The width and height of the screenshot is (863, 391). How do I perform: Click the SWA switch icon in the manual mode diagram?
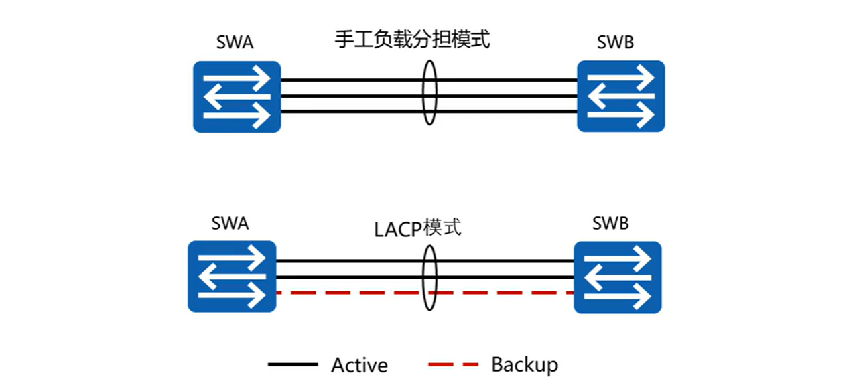pyautogui.click(x=237, y=97)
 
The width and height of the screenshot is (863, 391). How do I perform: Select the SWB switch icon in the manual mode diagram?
pyautogui.click(x=620, y=96)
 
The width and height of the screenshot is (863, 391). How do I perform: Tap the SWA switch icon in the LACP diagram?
pyautogui.click(x=232, y=277)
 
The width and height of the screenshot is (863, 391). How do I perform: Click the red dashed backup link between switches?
pyautogui.click(x=348, y=293)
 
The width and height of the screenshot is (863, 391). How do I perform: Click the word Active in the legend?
pyautogui.click(x=359, y=365)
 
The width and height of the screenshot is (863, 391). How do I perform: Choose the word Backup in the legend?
pyautogui.click(x=525, y=364)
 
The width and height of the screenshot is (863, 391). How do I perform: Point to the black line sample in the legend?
pyautogui.click(x=292, y=365)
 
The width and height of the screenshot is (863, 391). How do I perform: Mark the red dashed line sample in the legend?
pyautogui.click(x=453, y=365)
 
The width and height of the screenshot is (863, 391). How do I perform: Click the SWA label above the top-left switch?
pyautogui.click(x=235, y=44)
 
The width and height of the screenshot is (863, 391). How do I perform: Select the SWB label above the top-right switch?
pyautogui.click(x=615, y=44)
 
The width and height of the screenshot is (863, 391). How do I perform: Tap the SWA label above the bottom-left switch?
pyautogui.click(x=230, y=224)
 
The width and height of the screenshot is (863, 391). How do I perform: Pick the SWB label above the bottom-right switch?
pyautogui.click(x=610, y=224)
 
